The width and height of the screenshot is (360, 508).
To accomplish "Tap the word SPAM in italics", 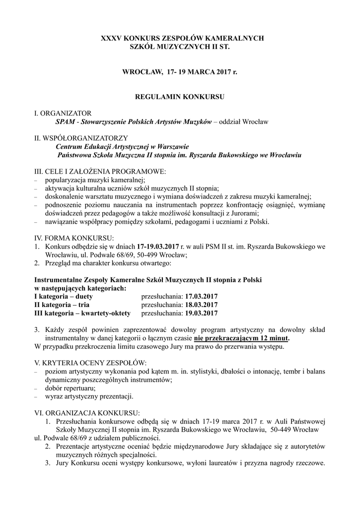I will coord(65,122).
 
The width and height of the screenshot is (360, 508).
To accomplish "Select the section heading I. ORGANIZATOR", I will coord(63,113).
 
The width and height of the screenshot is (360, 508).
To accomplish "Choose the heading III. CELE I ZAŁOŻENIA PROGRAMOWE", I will coord(100,172).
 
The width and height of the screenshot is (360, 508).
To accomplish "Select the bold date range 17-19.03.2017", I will coord(157,246).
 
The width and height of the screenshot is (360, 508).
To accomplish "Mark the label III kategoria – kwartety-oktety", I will coord(82,313).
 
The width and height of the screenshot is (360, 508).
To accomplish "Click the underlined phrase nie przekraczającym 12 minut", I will coord(242,338).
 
